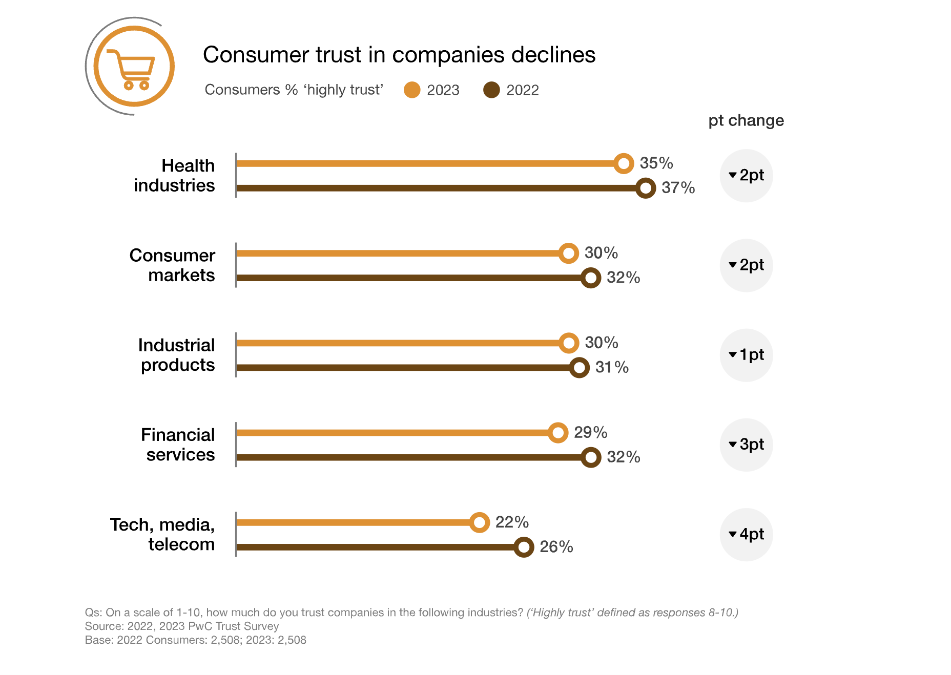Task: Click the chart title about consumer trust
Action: [x=399, y=54]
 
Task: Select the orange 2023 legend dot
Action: [x=411, y=90]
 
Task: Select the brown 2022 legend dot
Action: [x=491, y=90]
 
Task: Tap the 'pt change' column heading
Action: [x=746, y=120]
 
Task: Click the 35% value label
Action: [x=656, y=163]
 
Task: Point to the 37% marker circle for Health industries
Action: [x=646, y=188]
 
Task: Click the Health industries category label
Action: [x=174, y=175]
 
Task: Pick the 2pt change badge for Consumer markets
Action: [x=746, y=265]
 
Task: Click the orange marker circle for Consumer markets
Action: [x=568, y=253]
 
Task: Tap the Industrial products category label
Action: [x=177, y=355]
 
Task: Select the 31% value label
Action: [x=611, y=367]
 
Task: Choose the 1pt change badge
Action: [x=746, y=355]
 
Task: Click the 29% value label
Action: [x=590, y=432]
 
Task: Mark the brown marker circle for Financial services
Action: [x=591, y=457]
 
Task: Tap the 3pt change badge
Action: [x=746, y=445]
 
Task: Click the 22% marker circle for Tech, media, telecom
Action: [x=480, y=522]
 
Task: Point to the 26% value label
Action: [x=556, y=547]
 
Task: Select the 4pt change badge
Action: [x=746, y=534]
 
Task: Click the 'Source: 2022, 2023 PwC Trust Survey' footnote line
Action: [x=182, y=626]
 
